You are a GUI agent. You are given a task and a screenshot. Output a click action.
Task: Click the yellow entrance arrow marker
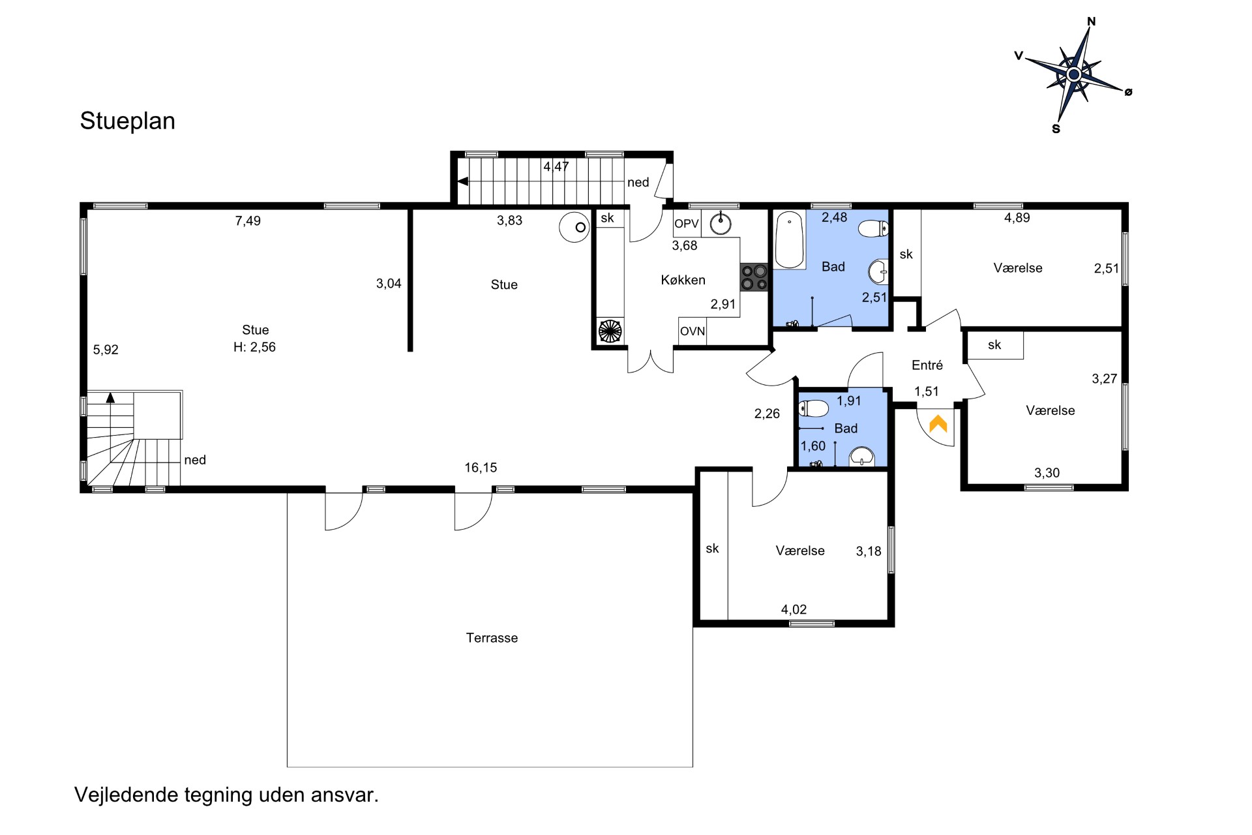pos(938,424)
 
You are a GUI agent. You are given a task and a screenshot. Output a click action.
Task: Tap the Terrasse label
pos(492,638)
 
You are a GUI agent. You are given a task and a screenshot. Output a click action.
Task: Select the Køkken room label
pos(683,280)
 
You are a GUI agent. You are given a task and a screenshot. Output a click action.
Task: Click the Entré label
pos(927,365)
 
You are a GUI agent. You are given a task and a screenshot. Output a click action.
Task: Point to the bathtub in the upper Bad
pos(790,240)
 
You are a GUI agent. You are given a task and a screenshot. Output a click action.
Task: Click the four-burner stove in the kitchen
pos(754,277)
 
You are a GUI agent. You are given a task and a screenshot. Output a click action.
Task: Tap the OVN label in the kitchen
pos(693,331)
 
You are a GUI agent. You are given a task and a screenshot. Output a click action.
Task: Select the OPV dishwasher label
pos(687,224)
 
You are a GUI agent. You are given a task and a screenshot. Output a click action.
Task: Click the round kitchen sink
pos(721,223)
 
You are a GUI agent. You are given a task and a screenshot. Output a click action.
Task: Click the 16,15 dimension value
pos(481,468)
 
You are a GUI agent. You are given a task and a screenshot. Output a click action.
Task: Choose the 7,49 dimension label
pos(248,221)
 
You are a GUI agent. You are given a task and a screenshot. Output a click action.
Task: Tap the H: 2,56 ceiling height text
pos(254,347)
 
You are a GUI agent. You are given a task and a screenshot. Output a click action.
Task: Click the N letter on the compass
pos(1092,22)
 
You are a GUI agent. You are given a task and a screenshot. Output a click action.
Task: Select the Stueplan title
pos(128,121)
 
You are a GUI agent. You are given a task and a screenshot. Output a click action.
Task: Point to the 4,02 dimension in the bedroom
pos(794,610)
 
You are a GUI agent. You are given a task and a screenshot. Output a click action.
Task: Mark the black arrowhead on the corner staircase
pos(110,397)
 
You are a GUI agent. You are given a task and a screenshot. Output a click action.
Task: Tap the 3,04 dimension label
pos(389,284)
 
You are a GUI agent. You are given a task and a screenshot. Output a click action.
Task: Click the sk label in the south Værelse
pos(712,549)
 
